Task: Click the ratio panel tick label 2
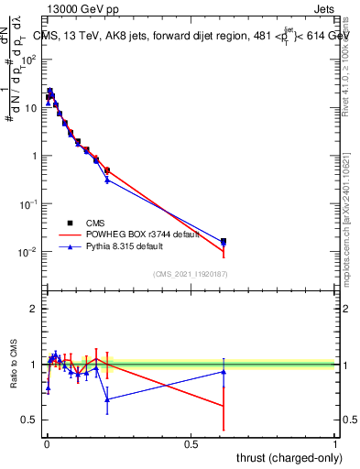point(35,309)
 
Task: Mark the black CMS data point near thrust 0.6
point(224,241)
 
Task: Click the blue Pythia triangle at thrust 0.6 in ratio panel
point(224,371)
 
